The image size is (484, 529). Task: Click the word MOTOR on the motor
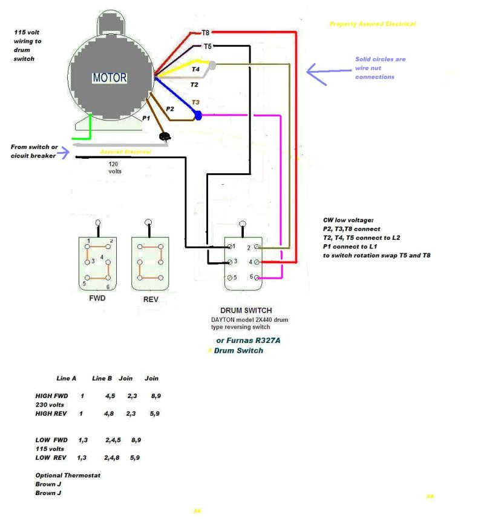[110, 78]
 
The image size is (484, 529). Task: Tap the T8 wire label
[205, 33]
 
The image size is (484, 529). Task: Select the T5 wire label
[207, 46]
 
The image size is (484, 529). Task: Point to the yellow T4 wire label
[195, 70]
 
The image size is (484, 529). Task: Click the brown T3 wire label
[195, 102]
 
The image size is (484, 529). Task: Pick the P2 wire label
[170, 108]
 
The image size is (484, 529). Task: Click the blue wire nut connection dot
[197, 113]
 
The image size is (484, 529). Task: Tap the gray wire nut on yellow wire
[212, 64]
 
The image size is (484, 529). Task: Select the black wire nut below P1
[164, 137]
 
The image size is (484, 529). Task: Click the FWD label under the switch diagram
[97, 299]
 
